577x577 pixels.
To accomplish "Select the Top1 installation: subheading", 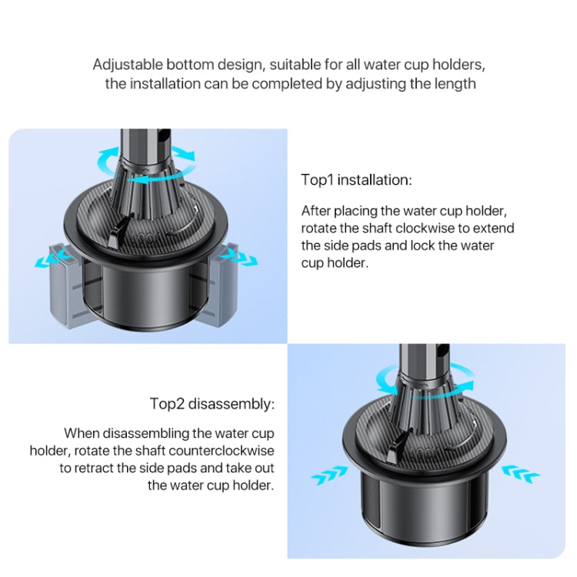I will coord(356,180).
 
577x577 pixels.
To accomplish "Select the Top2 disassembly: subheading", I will coord(212,404).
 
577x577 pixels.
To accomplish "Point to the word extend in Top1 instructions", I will coord(497,228).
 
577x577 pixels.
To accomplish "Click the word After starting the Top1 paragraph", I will coord(316,210).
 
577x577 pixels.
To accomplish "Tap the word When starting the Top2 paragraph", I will coord(82,433).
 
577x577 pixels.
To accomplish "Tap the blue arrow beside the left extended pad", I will coord(45,262).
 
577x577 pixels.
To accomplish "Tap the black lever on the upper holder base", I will coord(118,228).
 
